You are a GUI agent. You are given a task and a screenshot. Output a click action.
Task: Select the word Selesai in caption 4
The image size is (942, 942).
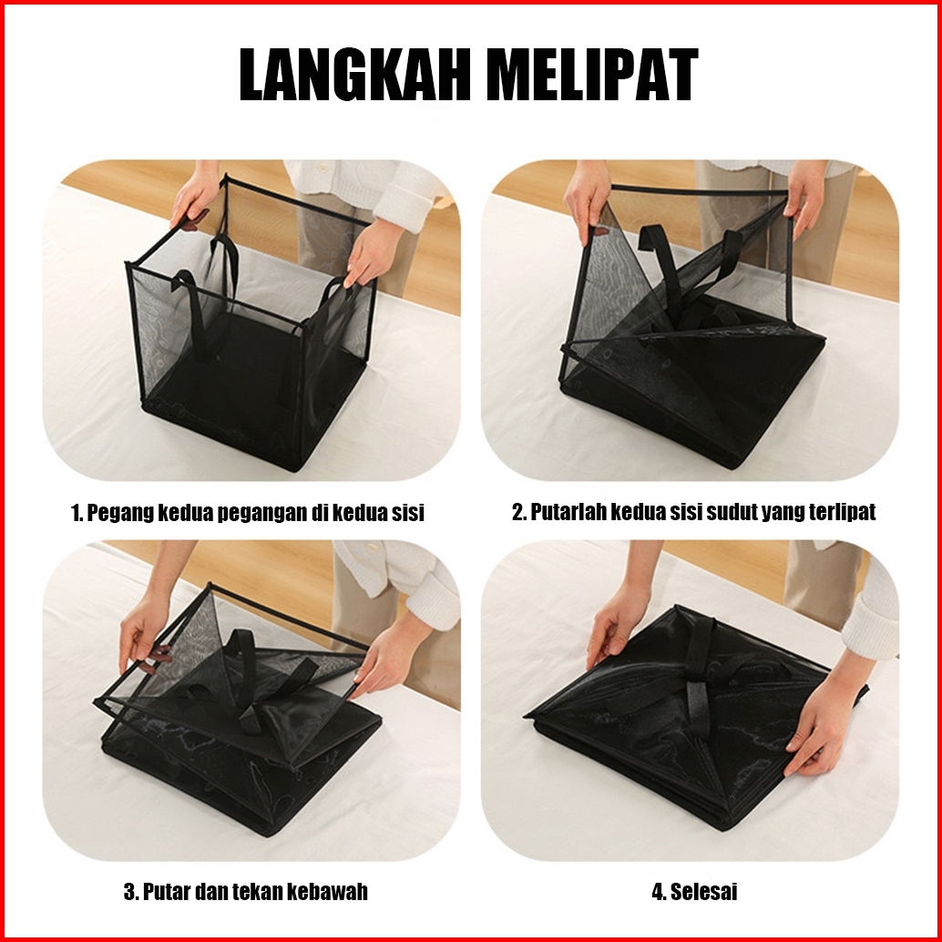coord(703,892)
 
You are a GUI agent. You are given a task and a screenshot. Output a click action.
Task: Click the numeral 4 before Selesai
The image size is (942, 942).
coord(658,892)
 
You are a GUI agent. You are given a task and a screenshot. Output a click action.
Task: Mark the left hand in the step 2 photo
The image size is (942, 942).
coord(586,199)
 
